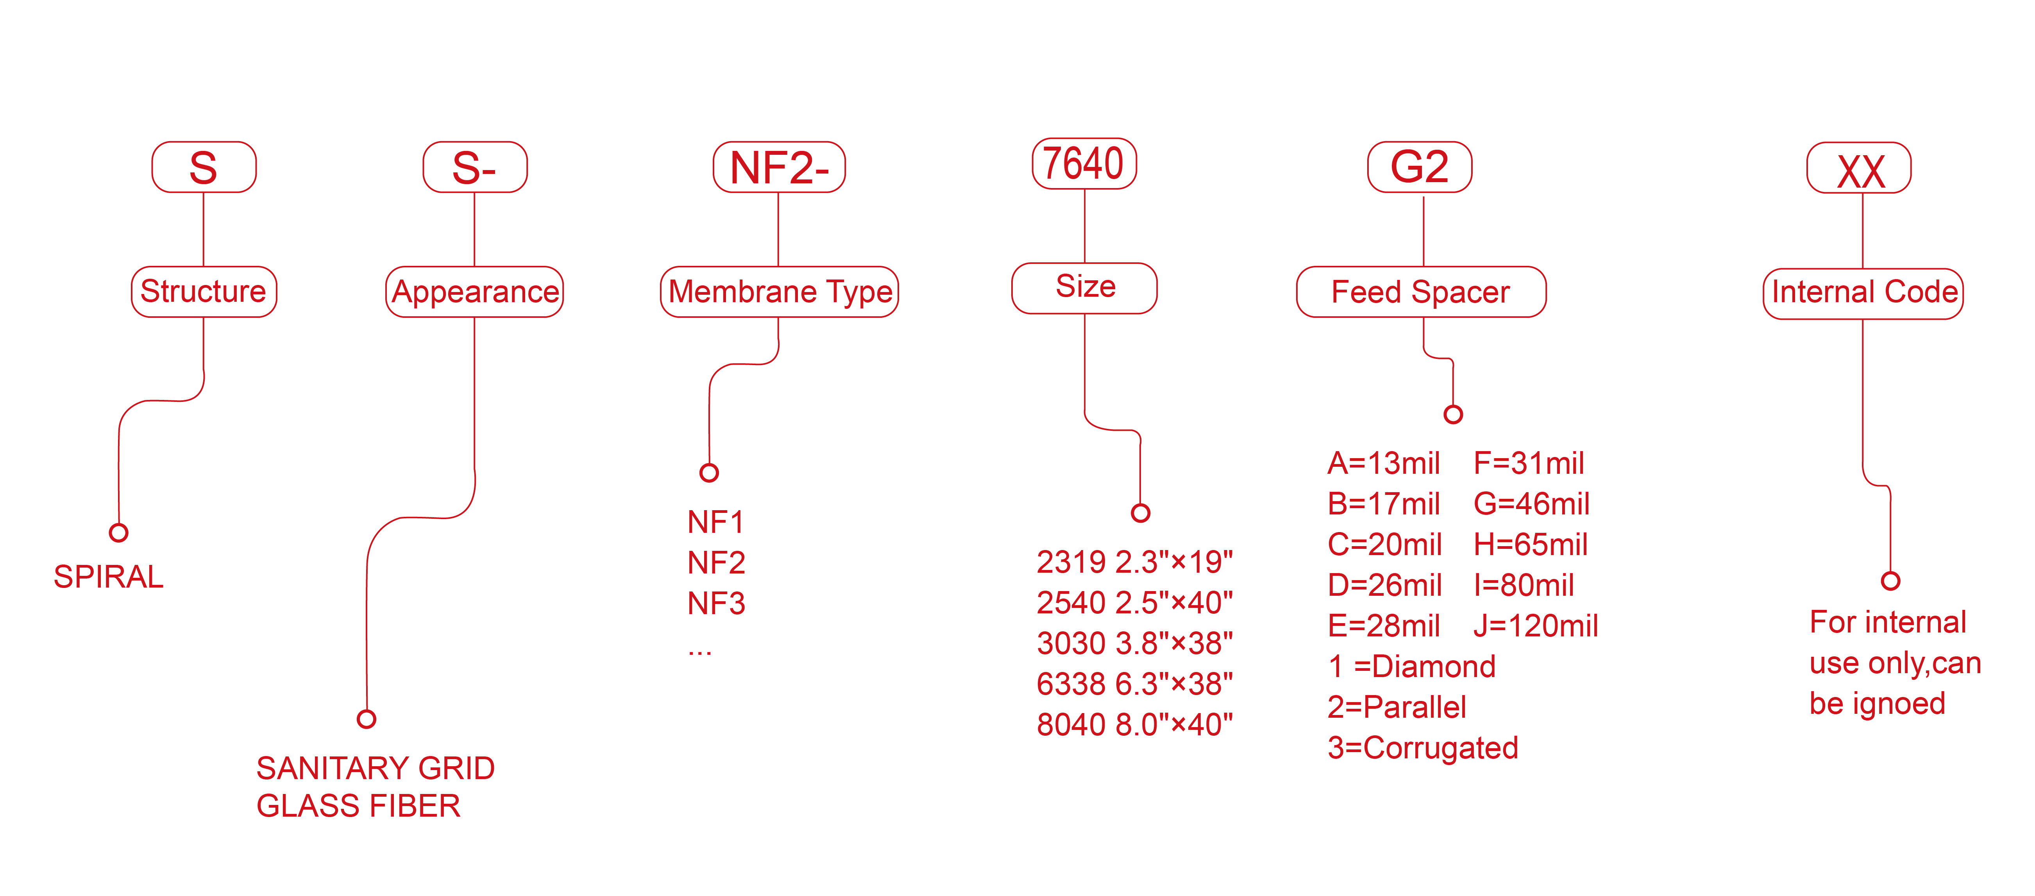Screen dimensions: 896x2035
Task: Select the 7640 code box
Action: click(1084, 163)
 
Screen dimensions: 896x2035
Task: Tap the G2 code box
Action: click(1420, 167)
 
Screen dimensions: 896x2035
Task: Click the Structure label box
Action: click(204, 292)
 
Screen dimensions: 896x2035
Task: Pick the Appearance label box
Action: click(475, 292)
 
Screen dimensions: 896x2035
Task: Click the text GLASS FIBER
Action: click(358, 806)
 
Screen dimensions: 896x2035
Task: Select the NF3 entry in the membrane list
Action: click(716, 604)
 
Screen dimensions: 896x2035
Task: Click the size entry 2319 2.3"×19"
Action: click(1134, 562)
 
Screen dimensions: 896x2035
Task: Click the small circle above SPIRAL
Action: click(118, 532)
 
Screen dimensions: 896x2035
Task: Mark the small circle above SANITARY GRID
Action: click(366, 719)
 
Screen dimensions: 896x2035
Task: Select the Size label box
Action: click(1085, 288)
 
